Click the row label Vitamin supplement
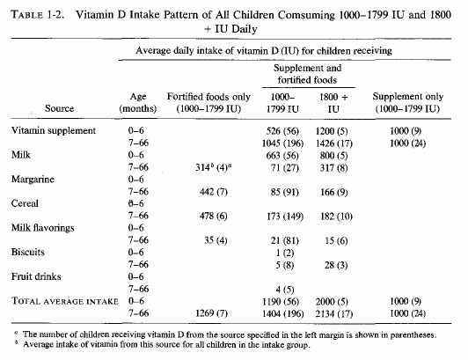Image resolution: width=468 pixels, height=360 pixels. click(54, 131)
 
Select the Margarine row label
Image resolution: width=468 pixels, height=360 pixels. click(33, 180)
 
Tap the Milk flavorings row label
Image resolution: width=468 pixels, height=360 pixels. click(43, 228)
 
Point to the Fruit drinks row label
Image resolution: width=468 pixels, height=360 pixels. click(36, 276)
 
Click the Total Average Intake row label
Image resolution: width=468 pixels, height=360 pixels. click(65, 301)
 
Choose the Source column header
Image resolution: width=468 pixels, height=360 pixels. click(60, 108)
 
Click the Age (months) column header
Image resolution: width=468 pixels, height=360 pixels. click(138, 102)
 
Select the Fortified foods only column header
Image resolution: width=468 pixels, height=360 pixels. click(208, 102)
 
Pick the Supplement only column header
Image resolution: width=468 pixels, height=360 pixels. click(408, 102)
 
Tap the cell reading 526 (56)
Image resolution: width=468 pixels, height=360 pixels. click(282, 131)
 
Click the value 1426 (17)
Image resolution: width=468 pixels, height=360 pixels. click(334, 143)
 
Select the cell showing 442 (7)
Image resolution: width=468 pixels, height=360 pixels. click(214, 192)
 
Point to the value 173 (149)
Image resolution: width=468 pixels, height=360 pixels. click(285, 217)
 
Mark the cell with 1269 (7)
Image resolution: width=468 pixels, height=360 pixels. click(211, 313)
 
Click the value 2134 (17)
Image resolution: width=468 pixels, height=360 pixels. click(334, 313)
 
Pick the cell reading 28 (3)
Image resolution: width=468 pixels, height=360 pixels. click(336, 265)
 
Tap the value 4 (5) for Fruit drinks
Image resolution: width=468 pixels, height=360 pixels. click(285, 290)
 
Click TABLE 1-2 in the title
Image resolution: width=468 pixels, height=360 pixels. click(38, 15)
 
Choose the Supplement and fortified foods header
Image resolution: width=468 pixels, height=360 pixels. click(307, 74)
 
